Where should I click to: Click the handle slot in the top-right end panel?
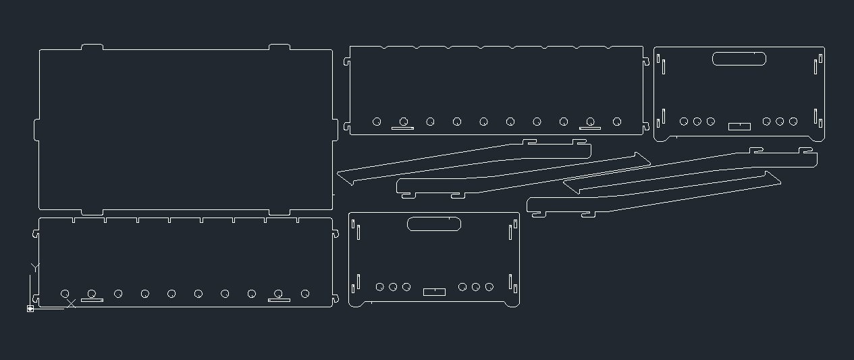(739, 59)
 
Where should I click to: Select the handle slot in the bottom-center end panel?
(434, 224)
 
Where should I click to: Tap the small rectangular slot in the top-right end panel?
(739, 126)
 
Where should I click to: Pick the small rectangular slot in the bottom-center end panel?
(434, 292)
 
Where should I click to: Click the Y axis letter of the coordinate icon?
(35, 268)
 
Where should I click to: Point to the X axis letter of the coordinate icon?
(71, 303)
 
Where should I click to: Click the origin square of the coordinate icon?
(30, 309)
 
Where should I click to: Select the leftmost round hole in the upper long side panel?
(377, 122)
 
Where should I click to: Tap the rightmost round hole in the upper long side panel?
(617, 122)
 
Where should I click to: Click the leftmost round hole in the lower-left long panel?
(65, 294)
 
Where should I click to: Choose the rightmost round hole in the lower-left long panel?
(305, 294)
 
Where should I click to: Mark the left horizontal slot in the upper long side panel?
(402, 128)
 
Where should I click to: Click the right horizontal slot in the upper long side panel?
(590, 128)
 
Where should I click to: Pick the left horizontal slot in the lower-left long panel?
(92, 300)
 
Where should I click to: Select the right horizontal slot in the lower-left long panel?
(279, 300)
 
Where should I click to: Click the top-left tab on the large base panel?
(92, 47)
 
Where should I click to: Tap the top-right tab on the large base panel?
(279, 47)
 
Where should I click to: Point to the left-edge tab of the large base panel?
(36, 130)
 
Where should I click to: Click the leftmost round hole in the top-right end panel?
(684, 122)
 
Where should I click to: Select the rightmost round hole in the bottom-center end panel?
(489, 287)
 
